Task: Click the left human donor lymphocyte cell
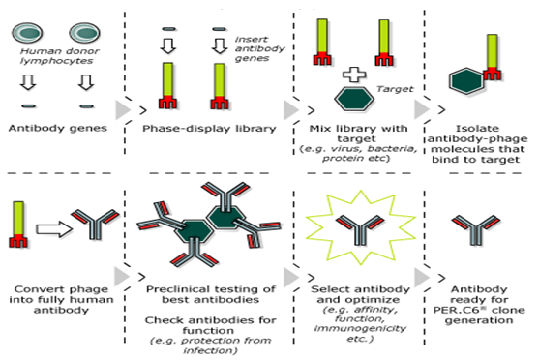pos(27,33)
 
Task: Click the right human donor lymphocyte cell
pos(84,33)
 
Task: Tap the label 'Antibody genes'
pos(58,129)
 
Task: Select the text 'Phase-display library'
pos(209,129)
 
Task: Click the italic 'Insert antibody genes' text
pos(259,48)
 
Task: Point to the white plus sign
pos(354,75)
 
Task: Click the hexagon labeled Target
pos(354,99)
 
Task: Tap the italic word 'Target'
pos(395,89)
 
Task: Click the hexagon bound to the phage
pos(466,81)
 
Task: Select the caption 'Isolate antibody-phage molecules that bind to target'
pos(477,144)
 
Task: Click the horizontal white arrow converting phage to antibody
pos(54,228)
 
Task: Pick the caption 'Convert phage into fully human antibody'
pos(61,299)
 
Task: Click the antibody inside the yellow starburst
pos(360,229)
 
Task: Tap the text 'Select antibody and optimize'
pos(360,294)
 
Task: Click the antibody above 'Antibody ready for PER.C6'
pos(476,229)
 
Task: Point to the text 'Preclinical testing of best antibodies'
pos(210,294)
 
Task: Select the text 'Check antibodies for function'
pos(210,325)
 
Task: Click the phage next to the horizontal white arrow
pos(18,225)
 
